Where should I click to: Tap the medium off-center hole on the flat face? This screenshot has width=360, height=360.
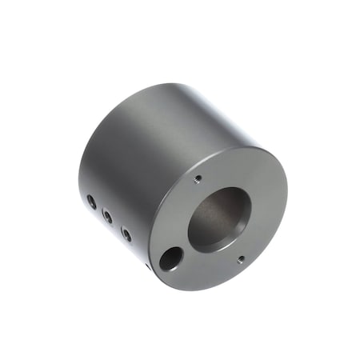tap(170, 258)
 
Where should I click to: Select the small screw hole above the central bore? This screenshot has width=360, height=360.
tap(198, 179)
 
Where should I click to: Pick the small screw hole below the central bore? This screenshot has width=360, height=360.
tap(241, 258)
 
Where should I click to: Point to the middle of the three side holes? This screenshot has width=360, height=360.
tap(107, 216)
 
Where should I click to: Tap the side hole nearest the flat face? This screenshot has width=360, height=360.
tap(126, 233)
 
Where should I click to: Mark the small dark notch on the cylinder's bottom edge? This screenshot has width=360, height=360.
tap(146, 267)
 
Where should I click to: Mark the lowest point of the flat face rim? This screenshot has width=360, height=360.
tap(200, 290)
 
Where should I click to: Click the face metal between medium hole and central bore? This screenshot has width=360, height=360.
tap(184, 244)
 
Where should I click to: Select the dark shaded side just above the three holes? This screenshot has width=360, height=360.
tap(100, 180)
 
